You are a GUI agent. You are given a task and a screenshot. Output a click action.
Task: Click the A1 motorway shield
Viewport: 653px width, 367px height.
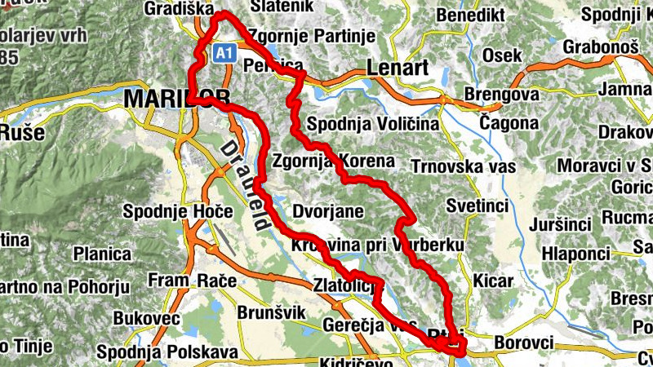click(x=226, y=53)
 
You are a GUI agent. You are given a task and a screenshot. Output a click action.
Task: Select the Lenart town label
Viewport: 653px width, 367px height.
click(x=398, y=69)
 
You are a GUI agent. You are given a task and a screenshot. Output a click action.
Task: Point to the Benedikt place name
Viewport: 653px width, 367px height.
click(x=469, y=15)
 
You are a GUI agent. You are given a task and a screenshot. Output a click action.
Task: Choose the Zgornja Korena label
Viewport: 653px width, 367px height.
click(x=335, y=161)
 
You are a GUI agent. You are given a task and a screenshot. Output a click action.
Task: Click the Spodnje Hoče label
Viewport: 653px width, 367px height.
click(x=167, y=211)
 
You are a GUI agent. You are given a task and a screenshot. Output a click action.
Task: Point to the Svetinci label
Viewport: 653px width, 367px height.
click(x=478, y=205)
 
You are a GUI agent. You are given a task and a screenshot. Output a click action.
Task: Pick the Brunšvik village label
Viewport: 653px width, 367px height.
click(x=270, y=312)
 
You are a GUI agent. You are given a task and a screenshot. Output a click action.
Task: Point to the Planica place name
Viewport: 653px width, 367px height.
click(x=102, y=254)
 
